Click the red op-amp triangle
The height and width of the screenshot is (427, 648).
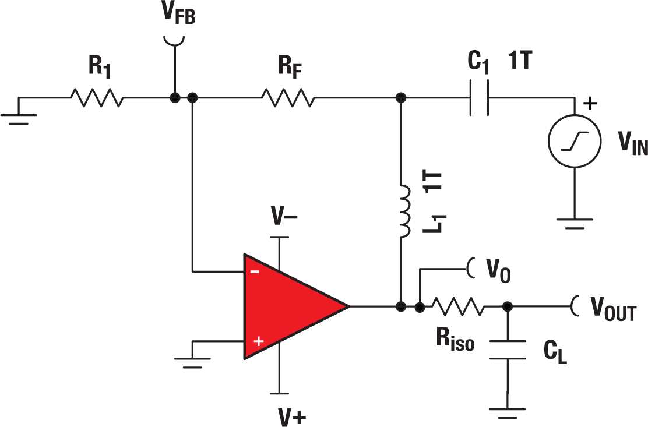click(286, 306)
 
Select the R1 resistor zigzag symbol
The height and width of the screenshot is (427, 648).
click(97, 98)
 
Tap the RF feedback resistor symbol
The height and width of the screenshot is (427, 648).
click(288, 98)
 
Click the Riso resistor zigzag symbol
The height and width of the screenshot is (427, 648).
click(457, 306)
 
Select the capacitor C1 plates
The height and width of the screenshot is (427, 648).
click(479, 98)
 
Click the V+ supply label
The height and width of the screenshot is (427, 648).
click(290, 414)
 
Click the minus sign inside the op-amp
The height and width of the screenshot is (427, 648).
click(254, 271)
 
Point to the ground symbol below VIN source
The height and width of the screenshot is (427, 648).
click(575, 223)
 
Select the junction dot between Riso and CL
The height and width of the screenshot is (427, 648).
click(508, 306)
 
